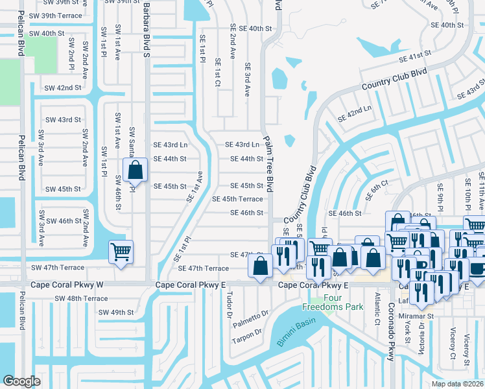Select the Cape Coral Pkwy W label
[67, 285]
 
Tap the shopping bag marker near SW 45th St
[135, 172]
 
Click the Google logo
[21, 381]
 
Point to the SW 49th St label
[107, 312]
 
